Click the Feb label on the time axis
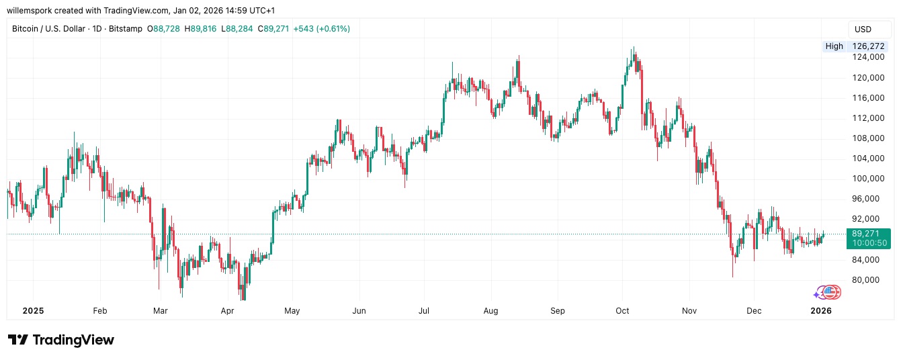[x=99, y=311]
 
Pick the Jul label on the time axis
[x=424, y=311]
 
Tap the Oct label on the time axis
[x=622, y=311]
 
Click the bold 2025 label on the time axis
[x=33, y=311]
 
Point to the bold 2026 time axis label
[x=821, y=311]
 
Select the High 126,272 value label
[x=857, y=46]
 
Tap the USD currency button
[x=863, y=30]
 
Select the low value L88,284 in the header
[x=239, y=29]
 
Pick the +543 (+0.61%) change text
[x=321, y=29]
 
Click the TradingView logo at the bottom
[x=61, y=340]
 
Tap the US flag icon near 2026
[x=832, y=292]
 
